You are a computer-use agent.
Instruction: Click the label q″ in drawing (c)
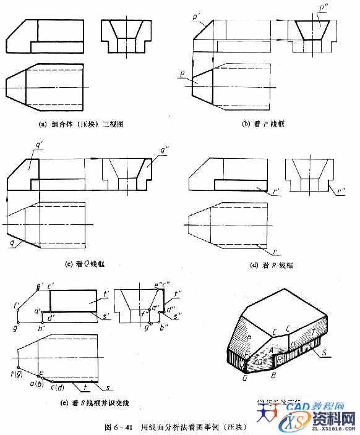(166, 150)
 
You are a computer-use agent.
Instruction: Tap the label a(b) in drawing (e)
(37, 384)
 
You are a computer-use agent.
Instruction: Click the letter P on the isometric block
(248, 339)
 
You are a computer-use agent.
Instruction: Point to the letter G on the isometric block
(245, 378)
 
